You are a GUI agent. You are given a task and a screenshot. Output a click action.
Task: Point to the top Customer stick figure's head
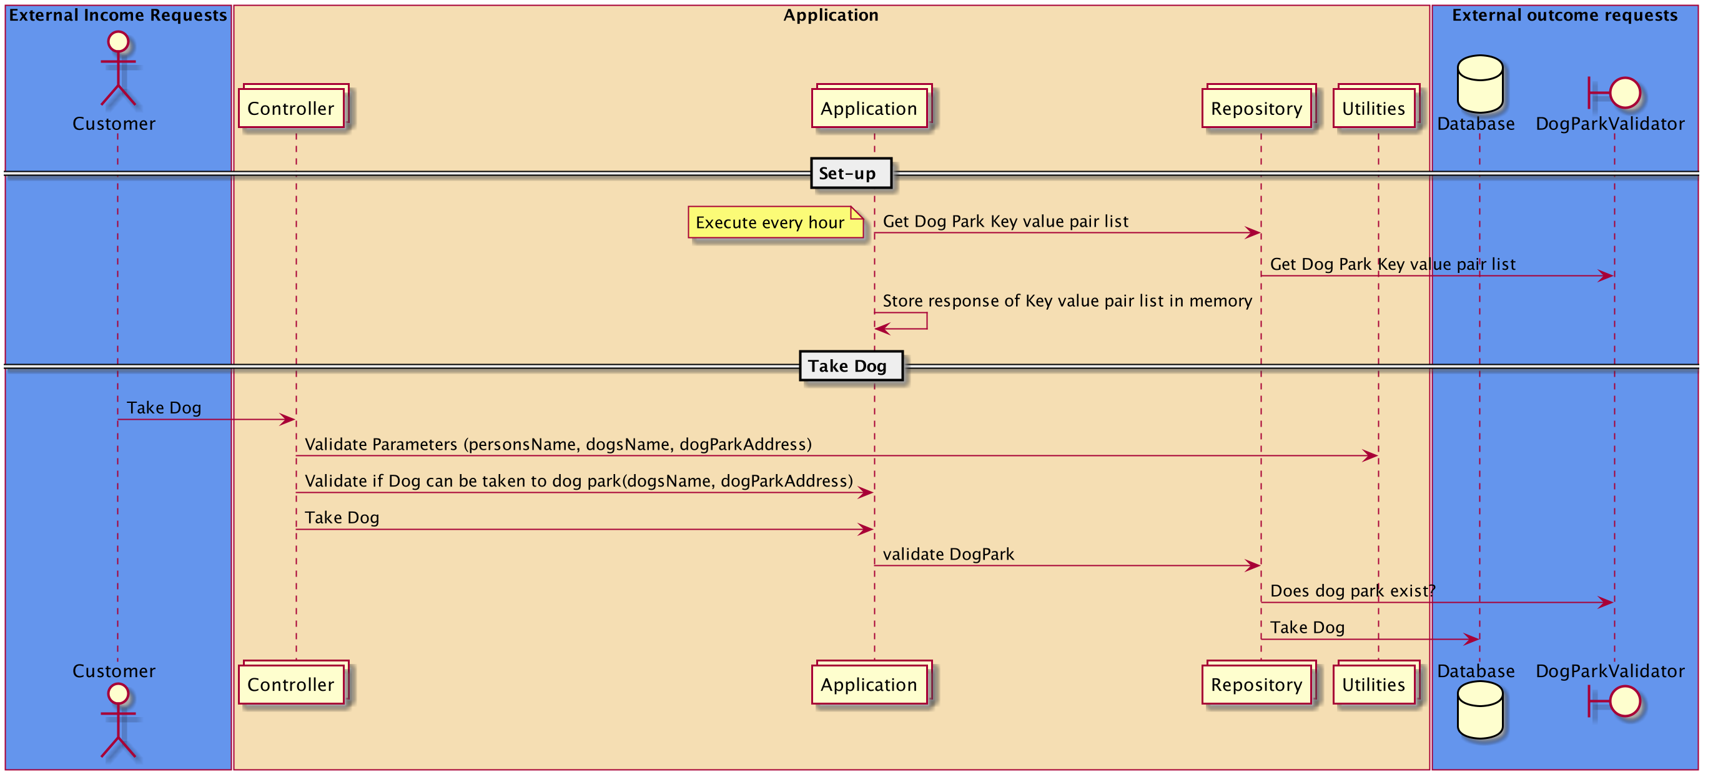click(119, 42)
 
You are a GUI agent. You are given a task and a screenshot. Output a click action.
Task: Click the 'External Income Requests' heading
click(119, 15)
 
